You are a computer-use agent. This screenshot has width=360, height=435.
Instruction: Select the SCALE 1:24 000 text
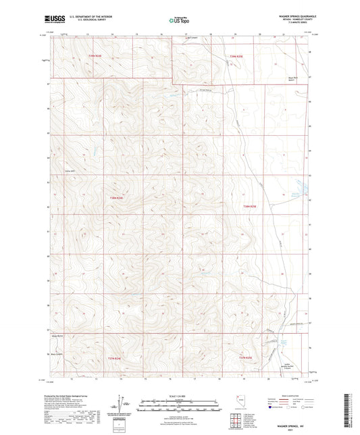tap(180, 396)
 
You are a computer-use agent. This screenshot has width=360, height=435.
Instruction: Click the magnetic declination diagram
tap(124, 404)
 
